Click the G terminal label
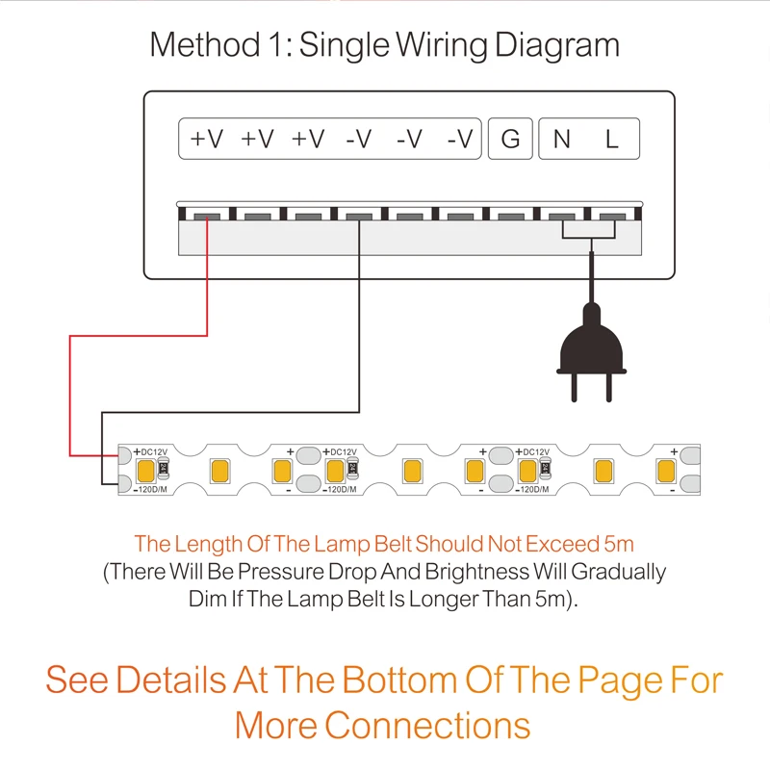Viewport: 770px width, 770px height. [510, 139]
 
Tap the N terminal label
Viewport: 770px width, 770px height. [562, 139]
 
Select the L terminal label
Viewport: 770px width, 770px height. [611, 139]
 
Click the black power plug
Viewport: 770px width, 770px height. [591, 352]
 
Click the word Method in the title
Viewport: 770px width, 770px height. [204, 44]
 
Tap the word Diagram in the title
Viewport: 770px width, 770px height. [557, 45]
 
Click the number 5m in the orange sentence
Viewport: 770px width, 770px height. [619, 544]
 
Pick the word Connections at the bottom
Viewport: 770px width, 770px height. [427, 726]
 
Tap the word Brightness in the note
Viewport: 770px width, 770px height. [476, 572]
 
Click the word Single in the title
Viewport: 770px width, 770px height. [345, 45]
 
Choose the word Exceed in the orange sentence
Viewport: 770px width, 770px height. [562, 544]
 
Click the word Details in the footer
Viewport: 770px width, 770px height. [171, 680]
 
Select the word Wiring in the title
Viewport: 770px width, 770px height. [442, 45]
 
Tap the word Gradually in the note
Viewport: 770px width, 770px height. [618, 573]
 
